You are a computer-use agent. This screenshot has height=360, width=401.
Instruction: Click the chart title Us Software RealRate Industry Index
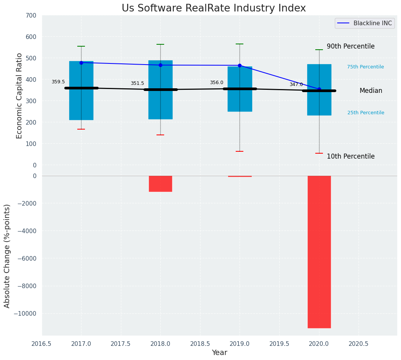pyautogui.click(x=214, y=8)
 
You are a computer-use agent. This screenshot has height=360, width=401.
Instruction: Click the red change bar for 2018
pyautogui.click(x=160, y=183)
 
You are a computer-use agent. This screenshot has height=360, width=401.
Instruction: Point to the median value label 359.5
pyautogui.click(x=58, y=82)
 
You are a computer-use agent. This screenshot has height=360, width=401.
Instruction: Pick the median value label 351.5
pyautogui.click(x=137, y=83)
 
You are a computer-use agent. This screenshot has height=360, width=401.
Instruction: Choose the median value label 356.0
pyautogui.click(x=217, y=83)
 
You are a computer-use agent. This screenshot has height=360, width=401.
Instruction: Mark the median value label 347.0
pyautogui.click(x=296, y=84)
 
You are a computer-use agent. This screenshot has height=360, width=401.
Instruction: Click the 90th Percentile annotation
pyautogui.click(x=350, y=46)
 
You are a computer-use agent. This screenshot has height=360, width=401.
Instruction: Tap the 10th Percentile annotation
pyautogui.click(x=350, y=156)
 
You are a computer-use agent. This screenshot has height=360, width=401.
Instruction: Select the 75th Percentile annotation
pyautogui.click(x=365, y=67)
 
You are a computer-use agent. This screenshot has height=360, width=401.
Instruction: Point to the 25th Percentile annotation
pyautogui.click(x=366, y=113)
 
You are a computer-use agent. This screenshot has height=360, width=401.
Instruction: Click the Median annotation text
pyautogui.click(x=371, y=91)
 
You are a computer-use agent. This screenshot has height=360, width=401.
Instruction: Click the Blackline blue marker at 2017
pyautogui.click(x=81, y=63)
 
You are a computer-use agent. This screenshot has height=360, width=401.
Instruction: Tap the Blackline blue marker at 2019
pyautogui.click(x=240, y=65)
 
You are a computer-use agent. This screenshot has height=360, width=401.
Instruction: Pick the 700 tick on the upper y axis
pyautogui.click(x=31, y=15)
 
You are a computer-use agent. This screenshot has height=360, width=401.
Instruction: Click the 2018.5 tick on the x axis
pyautogui.click(x=200, y=344)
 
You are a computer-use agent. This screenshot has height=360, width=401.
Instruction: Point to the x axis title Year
pyautogui.click(x=219, y=353)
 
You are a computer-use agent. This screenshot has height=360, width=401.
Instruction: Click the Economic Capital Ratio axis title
pyautogui.click(x=20, y=96)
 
